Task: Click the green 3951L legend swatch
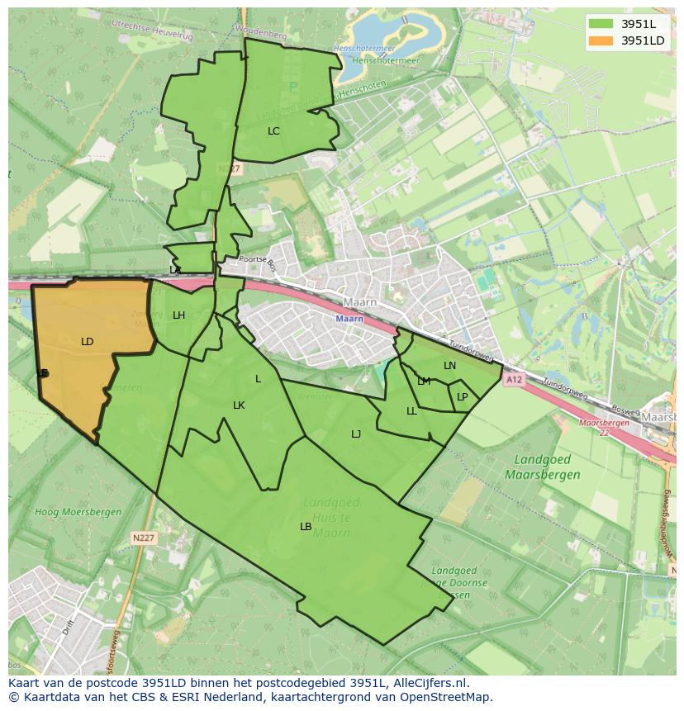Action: [601, 24]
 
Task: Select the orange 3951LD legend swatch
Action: [601, 40]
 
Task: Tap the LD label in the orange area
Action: [88, 342]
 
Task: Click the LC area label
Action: [273, 131]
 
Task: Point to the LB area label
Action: [306, 527]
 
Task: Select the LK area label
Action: [239, 405]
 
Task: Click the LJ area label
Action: [356, 434]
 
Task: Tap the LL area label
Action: [411, 411]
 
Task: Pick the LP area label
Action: [463, 397]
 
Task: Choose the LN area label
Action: [449, 366]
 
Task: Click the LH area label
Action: [178, 315]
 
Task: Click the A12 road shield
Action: [514, 380]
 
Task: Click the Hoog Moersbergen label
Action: [78, 512]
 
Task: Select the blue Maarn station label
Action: [349, 319]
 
